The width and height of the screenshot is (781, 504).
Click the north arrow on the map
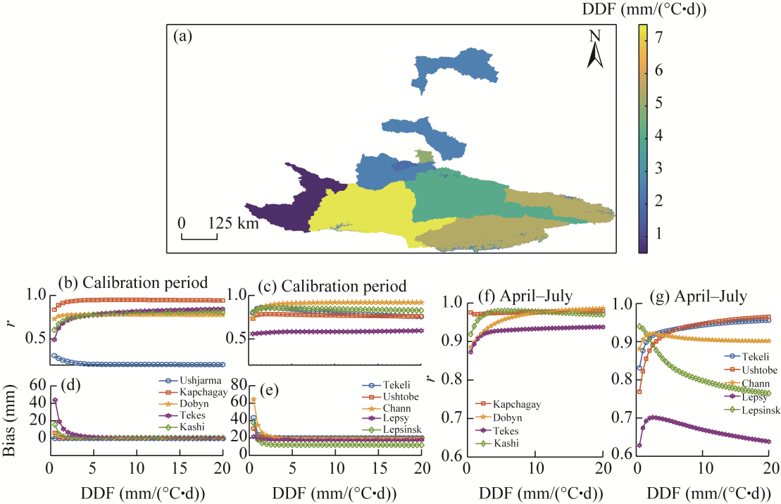596,51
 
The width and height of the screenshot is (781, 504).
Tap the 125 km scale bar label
233,223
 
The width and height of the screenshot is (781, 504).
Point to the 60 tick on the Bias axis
37,384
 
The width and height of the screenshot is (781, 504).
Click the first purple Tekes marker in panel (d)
55,400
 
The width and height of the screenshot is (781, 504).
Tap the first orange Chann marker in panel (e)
253,400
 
